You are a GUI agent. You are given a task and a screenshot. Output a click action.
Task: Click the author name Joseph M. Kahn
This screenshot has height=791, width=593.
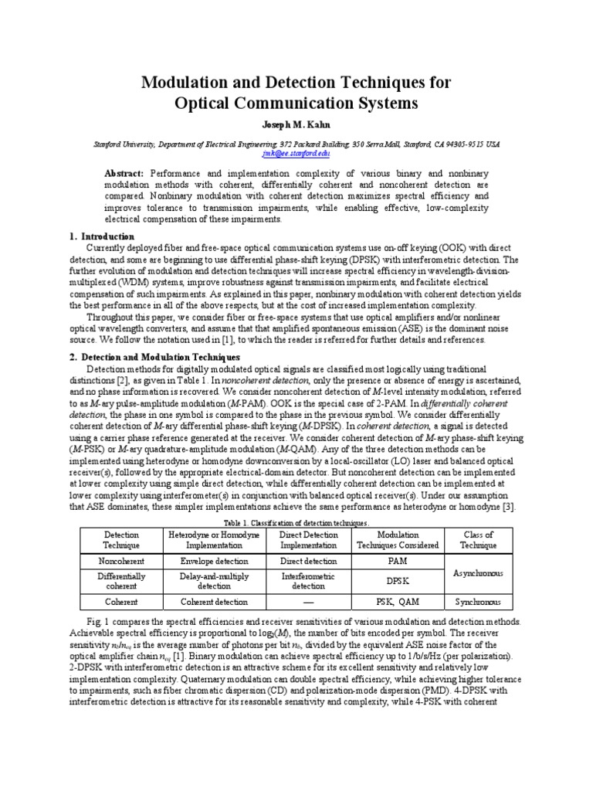[x=296, y=124]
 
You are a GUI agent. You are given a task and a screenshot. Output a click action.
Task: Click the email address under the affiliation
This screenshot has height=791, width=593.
[x=296, y=154]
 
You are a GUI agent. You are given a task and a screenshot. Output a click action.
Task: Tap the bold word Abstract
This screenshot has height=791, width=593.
[x=124, y=174]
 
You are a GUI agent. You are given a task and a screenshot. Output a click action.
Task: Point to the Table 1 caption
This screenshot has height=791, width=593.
[x=296, y=523]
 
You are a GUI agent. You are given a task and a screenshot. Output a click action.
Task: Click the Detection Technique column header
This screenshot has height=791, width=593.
[x=121, y=539]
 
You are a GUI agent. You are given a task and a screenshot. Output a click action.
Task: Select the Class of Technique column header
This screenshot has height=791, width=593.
[x=478, y=539]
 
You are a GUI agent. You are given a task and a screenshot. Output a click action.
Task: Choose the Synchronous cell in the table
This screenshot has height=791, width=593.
[x=478, y=602]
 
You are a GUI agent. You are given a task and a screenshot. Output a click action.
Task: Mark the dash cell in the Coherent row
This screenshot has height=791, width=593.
[x=307, y=602]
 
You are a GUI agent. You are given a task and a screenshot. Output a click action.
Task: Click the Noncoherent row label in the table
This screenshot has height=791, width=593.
[x=121, y=562]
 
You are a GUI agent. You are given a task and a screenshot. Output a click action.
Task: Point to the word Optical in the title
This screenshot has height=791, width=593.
[x=203, y=103]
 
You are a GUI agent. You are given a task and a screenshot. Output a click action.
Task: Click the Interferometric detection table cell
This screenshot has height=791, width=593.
[x=307, y=582]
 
